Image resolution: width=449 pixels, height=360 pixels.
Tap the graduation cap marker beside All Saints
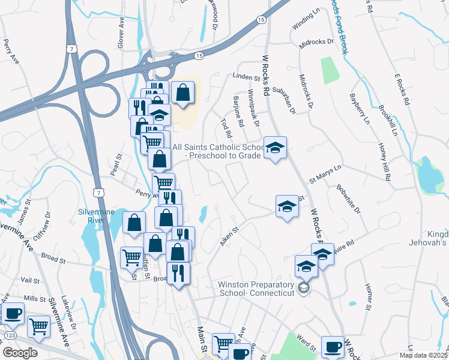coord(275,148)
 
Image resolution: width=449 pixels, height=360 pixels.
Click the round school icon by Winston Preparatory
coord(304,289)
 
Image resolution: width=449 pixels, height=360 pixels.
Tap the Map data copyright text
coord(424,355)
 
